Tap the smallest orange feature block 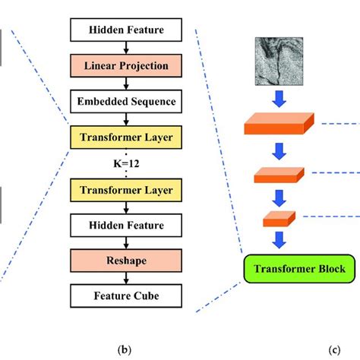[279, 219]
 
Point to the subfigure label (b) [127, 350]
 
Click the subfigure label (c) [335, 350]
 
